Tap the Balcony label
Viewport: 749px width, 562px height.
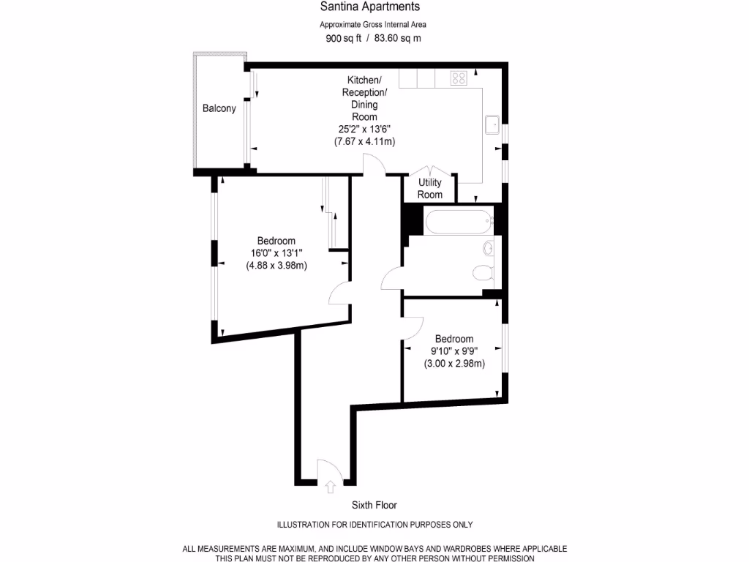click(219, 109)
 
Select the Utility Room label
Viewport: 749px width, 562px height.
click(430, 189)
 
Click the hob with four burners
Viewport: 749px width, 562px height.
click(459, 78)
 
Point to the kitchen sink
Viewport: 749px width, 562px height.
click(491, 125)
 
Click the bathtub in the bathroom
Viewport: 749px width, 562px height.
click(458, 222)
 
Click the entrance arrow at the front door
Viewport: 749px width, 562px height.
click(329, 484)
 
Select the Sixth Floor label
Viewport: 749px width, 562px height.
click(374, 505)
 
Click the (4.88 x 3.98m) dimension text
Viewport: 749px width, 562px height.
click(276, 266)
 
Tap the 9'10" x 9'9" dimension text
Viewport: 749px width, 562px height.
click(454, 351)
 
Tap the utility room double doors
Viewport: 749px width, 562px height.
click(430, 169)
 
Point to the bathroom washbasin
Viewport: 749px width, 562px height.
click(488, 247)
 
